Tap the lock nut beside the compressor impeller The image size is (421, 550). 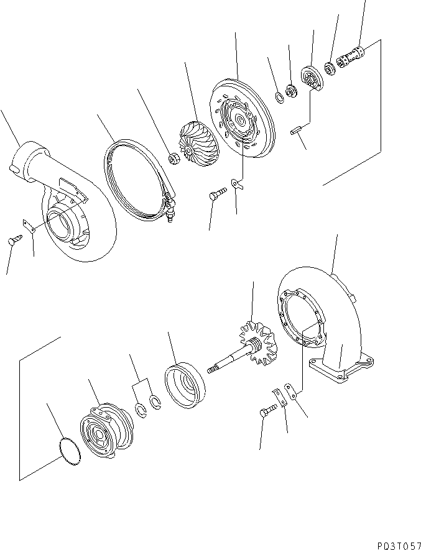point(175,160)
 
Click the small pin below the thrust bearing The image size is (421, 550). point(296,131)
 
